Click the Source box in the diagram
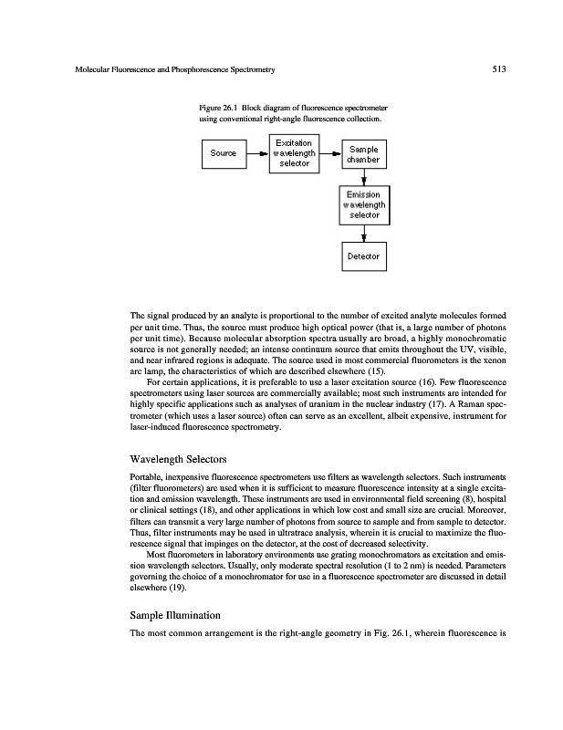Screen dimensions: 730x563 pos(224,153)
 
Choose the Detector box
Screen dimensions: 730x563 pos(363,256)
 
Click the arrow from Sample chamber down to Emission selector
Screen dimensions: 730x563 pos(363,179)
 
